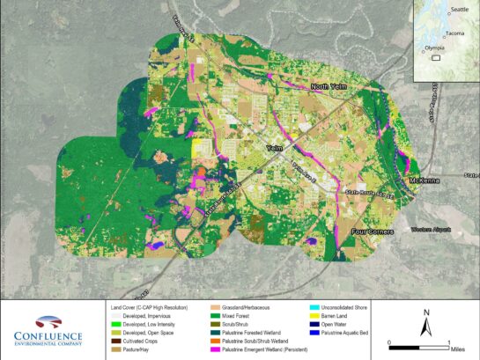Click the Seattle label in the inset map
459,10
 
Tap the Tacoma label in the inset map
454,33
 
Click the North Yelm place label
331,86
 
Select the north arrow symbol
426,325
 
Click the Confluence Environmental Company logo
48,330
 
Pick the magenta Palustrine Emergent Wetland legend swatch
216,350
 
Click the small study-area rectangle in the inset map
435,57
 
